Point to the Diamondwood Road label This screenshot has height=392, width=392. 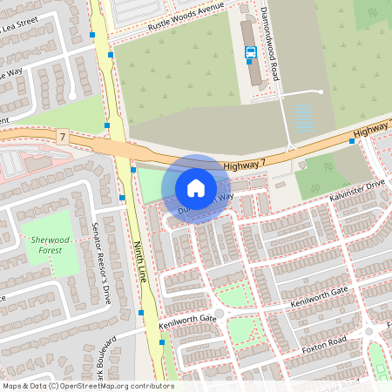click(x=267, y=37)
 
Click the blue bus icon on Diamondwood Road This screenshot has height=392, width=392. click(x=251, y=52)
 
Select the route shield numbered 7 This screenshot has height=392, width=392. click(x=62, y=137)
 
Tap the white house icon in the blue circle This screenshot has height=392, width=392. click(x=196, y=187)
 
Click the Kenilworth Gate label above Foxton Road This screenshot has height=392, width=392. click(x=320, y=293)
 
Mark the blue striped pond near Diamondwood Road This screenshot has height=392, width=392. click(x=303, y=118)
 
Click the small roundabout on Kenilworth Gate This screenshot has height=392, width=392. click(x=219, y=314)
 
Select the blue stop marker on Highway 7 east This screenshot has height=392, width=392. click(x=352, y=140)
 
